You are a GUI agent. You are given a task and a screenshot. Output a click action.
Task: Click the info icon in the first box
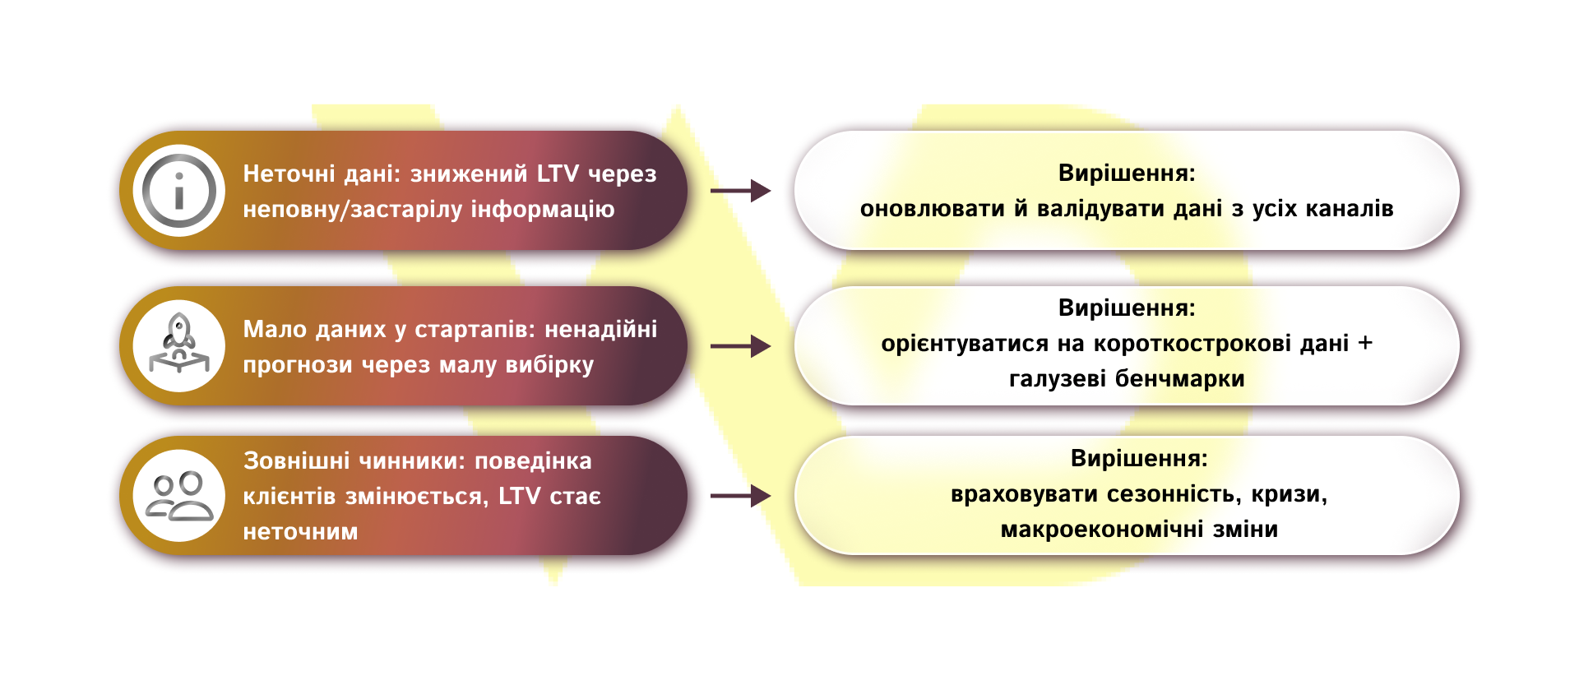178,191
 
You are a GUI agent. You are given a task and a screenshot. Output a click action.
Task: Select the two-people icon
178,496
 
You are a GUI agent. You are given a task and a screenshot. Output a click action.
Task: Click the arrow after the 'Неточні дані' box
740,191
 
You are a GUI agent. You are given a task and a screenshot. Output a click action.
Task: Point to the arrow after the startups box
740,346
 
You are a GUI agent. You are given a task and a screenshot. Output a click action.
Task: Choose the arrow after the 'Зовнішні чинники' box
740,496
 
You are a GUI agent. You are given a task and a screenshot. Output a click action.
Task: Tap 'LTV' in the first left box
558,174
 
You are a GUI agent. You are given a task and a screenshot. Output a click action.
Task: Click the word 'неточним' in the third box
300,532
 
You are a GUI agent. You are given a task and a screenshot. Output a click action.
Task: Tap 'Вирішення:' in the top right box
1127,174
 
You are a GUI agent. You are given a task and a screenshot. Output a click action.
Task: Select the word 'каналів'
1350,209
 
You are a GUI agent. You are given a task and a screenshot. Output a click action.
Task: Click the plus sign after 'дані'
1365,343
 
